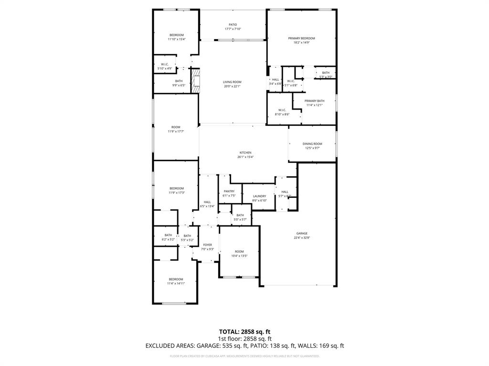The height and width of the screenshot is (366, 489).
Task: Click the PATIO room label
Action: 233,25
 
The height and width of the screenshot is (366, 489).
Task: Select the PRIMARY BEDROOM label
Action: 301,38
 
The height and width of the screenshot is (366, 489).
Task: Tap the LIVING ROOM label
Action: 232,82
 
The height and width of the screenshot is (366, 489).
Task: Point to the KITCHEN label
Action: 245,152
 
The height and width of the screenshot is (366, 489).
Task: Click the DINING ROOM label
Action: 312,143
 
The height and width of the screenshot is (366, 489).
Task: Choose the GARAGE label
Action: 301,233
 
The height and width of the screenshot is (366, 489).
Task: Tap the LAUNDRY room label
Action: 259,196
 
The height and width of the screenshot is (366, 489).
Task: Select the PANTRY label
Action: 229,191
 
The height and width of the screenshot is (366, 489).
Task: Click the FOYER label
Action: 207,244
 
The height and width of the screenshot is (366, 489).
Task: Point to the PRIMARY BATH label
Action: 314,101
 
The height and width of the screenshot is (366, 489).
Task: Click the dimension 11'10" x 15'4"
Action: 176,40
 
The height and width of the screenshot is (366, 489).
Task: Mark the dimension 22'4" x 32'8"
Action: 301,237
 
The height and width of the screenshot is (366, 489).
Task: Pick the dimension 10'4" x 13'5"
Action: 239,256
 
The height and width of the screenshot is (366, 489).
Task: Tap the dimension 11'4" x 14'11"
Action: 176,284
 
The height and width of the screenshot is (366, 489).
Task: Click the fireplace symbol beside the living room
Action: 195,81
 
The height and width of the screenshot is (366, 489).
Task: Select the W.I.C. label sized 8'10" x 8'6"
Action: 282,110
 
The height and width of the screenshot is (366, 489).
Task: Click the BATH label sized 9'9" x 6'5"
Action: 179,81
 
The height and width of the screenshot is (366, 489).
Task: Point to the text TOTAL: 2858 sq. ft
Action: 244,332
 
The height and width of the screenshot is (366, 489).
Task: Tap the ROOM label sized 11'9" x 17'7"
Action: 176,127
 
